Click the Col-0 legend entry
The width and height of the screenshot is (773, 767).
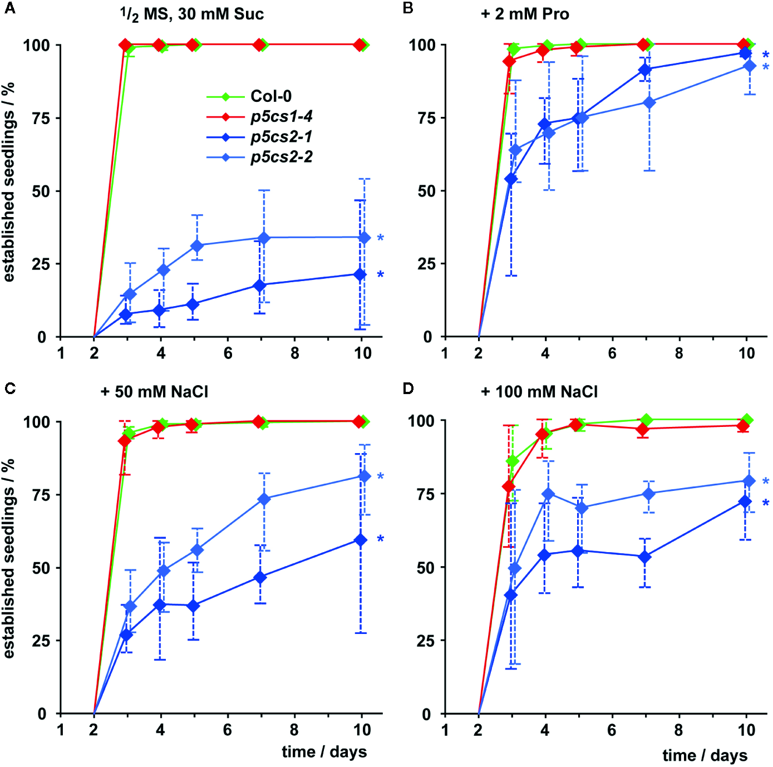click(x=270, y=96)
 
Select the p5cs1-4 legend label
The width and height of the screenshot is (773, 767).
click(x=281, y=116)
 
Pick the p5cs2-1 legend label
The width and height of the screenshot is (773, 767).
click(x=281, y=136)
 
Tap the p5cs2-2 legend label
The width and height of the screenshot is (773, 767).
click(x=281, y=157)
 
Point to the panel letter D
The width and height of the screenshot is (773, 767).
click(x=408, y=388)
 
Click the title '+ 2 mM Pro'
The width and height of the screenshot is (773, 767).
click(x=525, y=14)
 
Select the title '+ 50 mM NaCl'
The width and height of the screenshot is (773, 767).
click(x=154, y=392)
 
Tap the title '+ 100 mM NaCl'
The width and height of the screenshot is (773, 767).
click(x=539, y=392)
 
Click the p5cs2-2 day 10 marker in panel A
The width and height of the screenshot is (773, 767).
click(x=364, y=238)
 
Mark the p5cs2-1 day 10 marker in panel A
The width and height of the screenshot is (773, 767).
click(x=360, y=274)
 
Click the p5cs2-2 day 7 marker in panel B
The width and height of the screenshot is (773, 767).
click(x=649, y=102)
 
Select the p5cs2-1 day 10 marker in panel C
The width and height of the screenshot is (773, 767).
click(x=361, y=540)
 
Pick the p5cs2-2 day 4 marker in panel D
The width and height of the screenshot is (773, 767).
click(x=548, y=494)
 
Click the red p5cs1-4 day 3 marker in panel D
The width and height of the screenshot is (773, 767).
click(x=509, y=486)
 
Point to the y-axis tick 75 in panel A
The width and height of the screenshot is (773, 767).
click(x=41, y=118)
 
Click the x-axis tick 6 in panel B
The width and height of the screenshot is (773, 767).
click(x=612, y=353)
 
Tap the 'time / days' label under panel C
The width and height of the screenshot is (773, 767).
click(x=324, y=752)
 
